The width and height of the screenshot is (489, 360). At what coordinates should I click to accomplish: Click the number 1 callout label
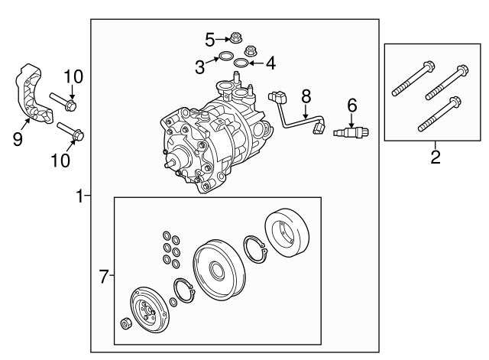[x=79, y=196]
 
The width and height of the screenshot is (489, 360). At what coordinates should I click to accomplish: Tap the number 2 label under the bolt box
[x=436, y=158]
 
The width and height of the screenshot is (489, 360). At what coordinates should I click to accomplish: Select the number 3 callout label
[x=200, y=67]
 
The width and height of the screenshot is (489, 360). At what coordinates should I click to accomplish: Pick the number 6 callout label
[x=351, y=105]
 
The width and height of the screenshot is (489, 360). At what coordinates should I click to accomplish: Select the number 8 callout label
[x=306, y=96]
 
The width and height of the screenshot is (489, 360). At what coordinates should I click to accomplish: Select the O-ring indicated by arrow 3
[x=225, y=57]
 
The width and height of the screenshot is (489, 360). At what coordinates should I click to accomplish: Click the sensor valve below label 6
[x=350, y=135]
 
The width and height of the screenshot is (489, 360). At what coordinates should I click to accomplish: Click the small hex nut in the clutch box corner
[x=126, y=322]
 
